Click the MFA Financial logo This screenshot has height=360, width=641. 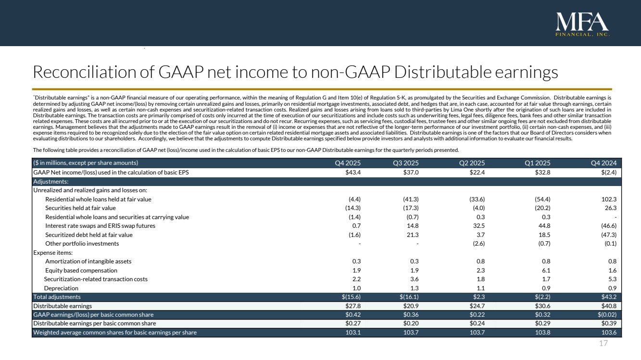pos(582,25)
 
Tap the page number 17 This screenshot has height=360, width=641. pos(604,344)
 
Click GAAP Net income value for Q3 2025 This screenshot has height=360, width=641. pos(411,173)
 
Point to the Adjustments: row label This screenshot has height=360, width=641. pos(50,182)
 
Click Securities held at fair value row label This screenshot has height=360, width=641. pos(80,208)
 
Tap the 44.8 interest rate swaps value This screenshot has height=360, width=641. pos(544,226)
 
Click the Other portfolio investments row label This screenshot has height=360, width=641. pos(82,244)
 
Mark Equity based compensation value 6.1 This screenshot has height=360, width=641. pos(546,270)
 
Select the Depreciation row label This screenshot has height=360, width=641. pos(61,288)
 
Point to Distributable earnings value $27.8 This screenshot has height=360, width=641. pos(352,306)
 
